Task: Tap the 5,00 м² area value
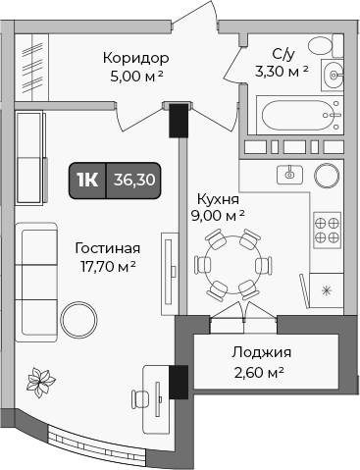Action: click(x=135, y=76)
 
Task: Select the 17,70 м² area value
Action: click(x=107, y=266)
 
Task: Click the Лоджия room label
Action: click(x=261, y=353)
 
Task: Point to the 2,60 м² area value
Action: click(x=261, y=372)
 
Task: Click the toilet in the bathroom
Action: click(x=319, y=47)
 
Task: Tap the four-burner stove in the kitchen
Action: click(x=327, y=230)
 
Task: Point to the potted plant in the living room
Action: click(x=42, y=378)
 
